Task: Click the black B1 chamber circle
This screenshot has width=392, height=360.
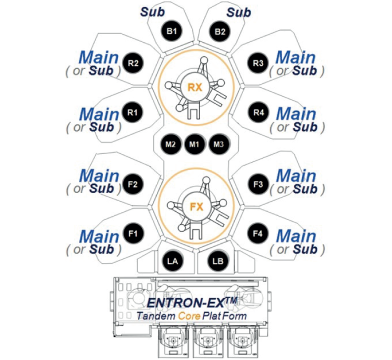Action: pos(171,31)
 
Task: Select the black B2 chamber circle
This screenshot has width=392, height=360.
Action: pos(220,32)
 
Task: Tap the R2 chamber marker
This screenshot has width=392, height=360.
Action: pos(133,63)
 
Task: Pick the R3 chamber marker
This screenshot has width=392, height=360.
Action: pos(258,63)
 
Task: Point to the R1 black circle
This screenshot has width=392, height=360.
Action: pos(133,112)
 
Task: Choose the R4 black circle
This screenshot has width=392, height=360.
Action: pos(258,112)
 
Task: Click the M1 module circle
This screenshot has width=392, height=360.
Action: pos(194,144)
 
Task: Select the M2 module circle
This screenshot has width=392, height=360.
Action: pos(170,144)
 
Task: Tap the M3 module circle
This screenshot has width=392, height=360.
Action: pos(219,144)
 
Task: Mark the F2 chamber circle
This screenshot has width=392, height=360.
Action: pos(133,184)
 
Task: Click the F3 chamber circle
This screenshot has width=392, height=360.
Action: pos(258,184)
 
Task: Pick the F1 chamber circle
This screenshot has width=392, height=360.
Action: pos(133,233)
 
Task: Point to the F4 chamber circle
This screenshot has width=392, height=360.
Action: pos(258,233)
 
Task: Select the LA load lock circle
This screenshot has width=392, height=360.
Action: pos(172,261)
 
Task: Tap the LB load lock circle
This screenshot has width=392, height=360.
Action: pos(218,261)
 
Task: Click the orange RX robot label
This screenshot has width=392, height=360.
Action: pos(195,87)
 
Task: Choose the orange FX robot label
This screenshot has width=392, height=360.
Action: pos(196,207)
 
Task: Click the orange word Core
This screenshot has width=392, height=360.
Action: pos(189,316)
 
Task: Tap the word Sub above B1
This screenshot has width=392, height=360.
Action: pos(152,12)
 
